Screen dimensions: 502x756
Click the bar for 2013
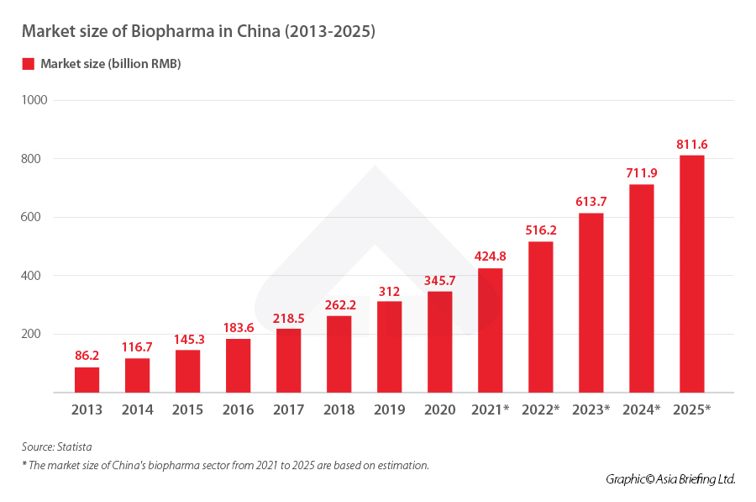[87, 380]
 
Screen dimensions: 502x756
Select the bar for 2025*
[691, 274]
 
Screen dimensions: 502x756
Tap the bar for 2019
[389, 346]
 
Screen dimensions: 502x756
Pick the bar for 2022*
[540, 317]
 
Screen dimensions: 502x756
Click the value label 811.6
[691, 145]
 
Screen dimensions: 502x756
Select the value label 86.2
[87, 357]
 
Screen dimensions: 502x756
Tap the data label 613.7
[591, 202]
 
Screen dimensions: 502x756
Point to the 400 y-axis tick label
[36, 276]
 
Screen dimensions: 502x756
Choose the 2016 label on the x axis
[238, 410]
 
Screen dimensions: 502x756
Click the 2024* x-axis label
[641, 410]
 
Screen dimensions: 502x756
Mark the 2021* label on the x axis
[490, 410]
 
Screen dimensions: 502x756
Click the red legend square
[28, 64]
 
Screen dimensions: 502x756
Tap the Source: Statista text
[56, 447]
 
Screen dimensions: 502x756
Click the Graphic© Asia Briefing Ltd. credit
[670, 478]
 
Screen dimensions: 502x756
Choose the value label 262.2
[339, 305]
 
